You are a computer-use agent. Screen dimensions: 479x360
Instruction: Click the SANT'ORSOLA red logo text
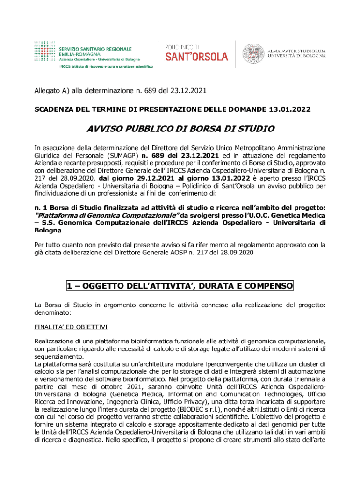pos(196,57)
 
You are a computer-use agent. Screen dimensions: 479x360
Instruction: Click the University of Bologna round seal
pos(252,53)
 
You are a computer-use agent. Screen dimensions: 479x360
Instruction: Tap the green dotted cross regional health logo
pos(45,52)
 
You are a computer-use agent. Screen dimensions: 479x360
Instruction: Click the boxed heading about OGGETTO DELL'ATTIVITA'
pos(180,285)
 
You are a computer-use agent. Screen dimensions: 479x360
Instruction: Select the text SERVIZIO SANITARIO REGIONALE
pos(95,49)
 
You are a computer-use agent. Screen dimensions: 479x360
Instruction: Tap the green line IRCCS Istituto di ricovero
pos(106,67)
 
